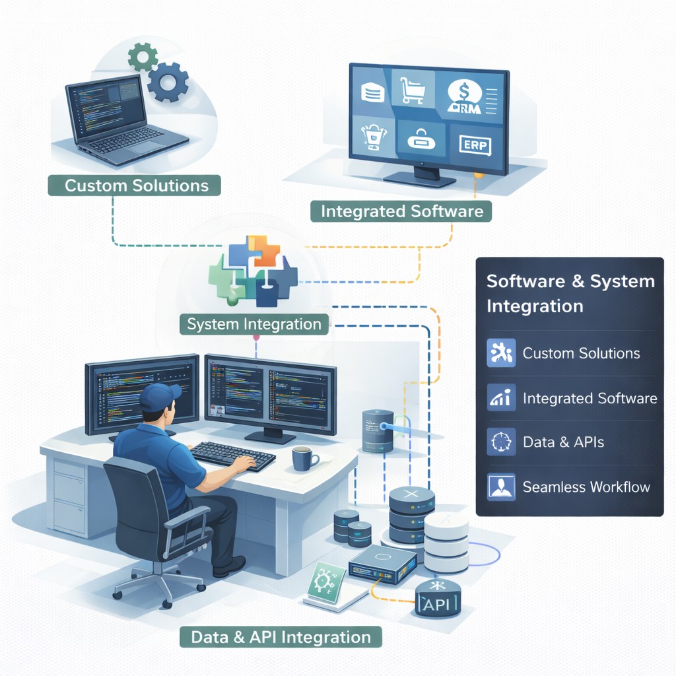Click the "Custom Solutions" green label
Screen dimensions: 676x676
[x=135, y=185]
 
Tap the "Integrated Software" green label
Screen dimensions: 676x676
[x=401, y=211]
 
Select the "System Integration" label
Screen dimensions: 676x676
[x=254, y=324]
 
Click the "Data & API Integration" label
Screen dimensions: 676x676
[x=281, y=637]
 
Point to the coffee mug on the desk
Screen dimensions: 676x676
[x=304, y=458]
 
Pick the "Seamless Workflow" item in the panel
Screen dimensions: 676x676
[x=586, y=487]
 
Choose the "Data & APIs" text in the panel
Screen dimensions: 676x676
[x=563, y=442]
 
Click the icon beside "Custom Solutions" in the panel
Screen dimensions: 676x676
[x=500, y=353]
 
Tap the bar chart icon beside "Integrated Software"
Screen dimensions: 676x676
[x=500, y=398]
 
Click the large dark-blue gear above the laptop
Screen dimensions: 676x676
[x=167, y=82]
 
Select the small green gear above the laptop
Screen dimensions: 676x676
[x=143, y=57]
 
